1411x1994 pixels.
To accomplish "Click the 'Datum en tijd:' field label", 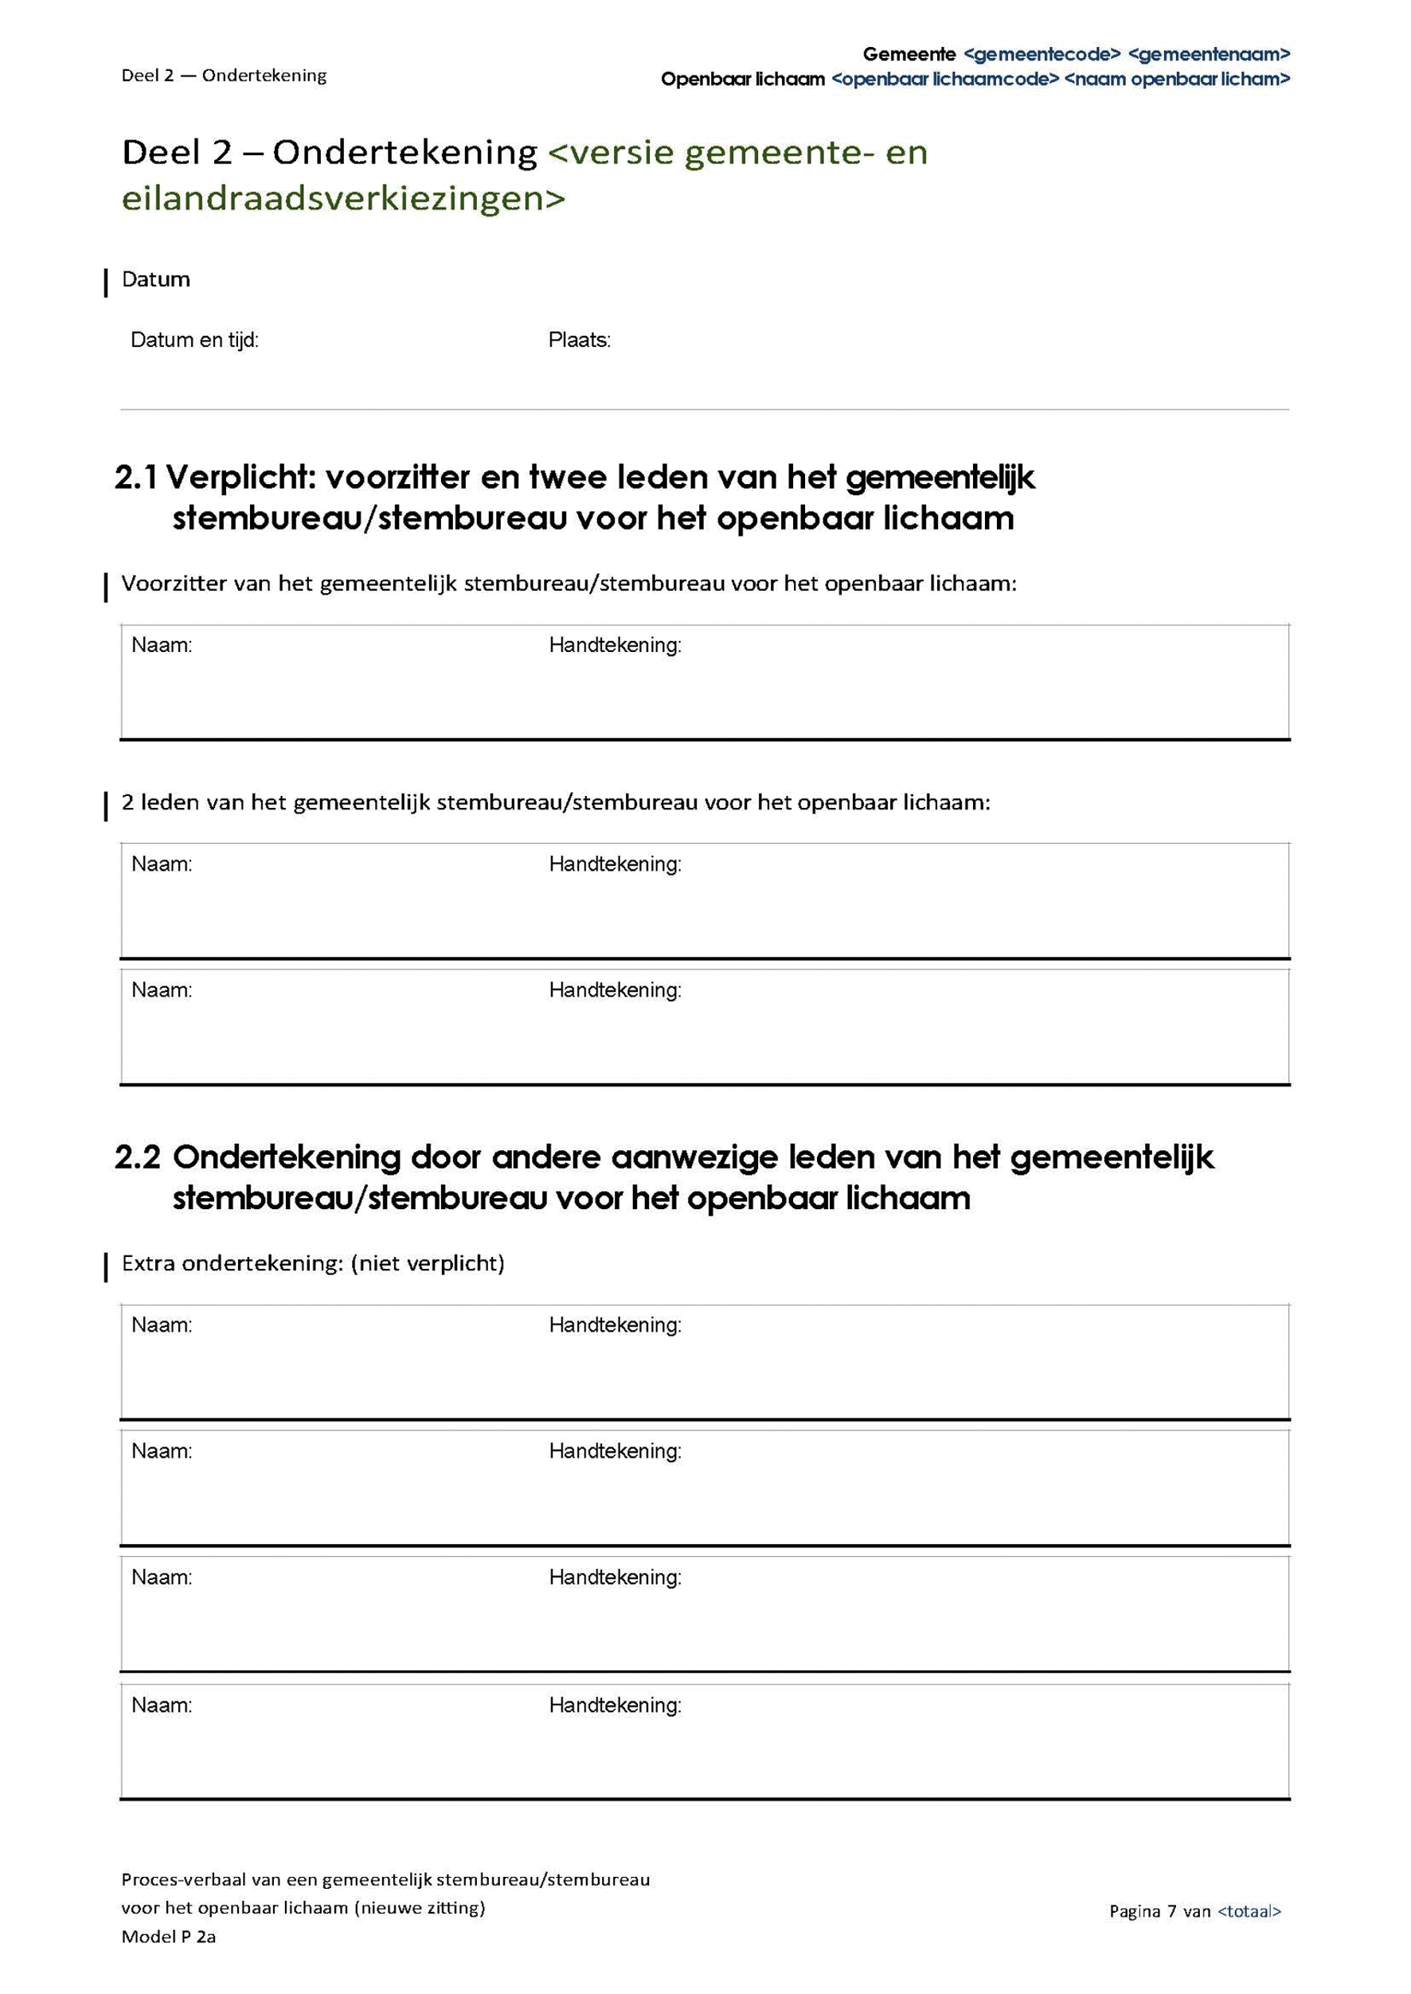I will [193, 340].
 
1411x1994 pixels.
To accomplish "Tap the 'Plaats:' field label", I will [579, 340].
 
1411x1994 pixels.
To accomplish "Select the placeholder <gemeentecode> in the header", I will [1042, 55].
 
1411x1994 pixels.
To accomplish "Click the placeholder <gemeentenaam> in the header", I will [1209, 55].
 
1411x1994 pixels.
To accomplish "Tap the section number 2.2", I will [137, 1157].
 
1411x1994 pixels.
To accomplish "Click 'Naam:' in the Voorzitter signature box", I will [162, 646].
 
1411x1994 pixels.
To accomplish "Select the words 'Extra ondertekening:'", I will [232, 1262].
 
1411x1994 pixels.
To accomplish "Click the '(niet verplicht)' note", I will [428, 1262].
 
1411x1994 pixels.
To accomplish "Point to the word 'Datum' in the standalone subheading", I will [155, 279].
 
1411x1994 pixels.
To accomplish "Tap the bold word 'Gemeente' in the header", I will [908, 55].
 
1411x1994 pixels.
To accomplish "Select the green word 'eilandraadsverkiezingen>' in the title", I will [343, 199].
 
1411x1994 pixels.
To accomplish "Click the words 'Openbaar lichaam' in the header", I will [742, 79].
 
